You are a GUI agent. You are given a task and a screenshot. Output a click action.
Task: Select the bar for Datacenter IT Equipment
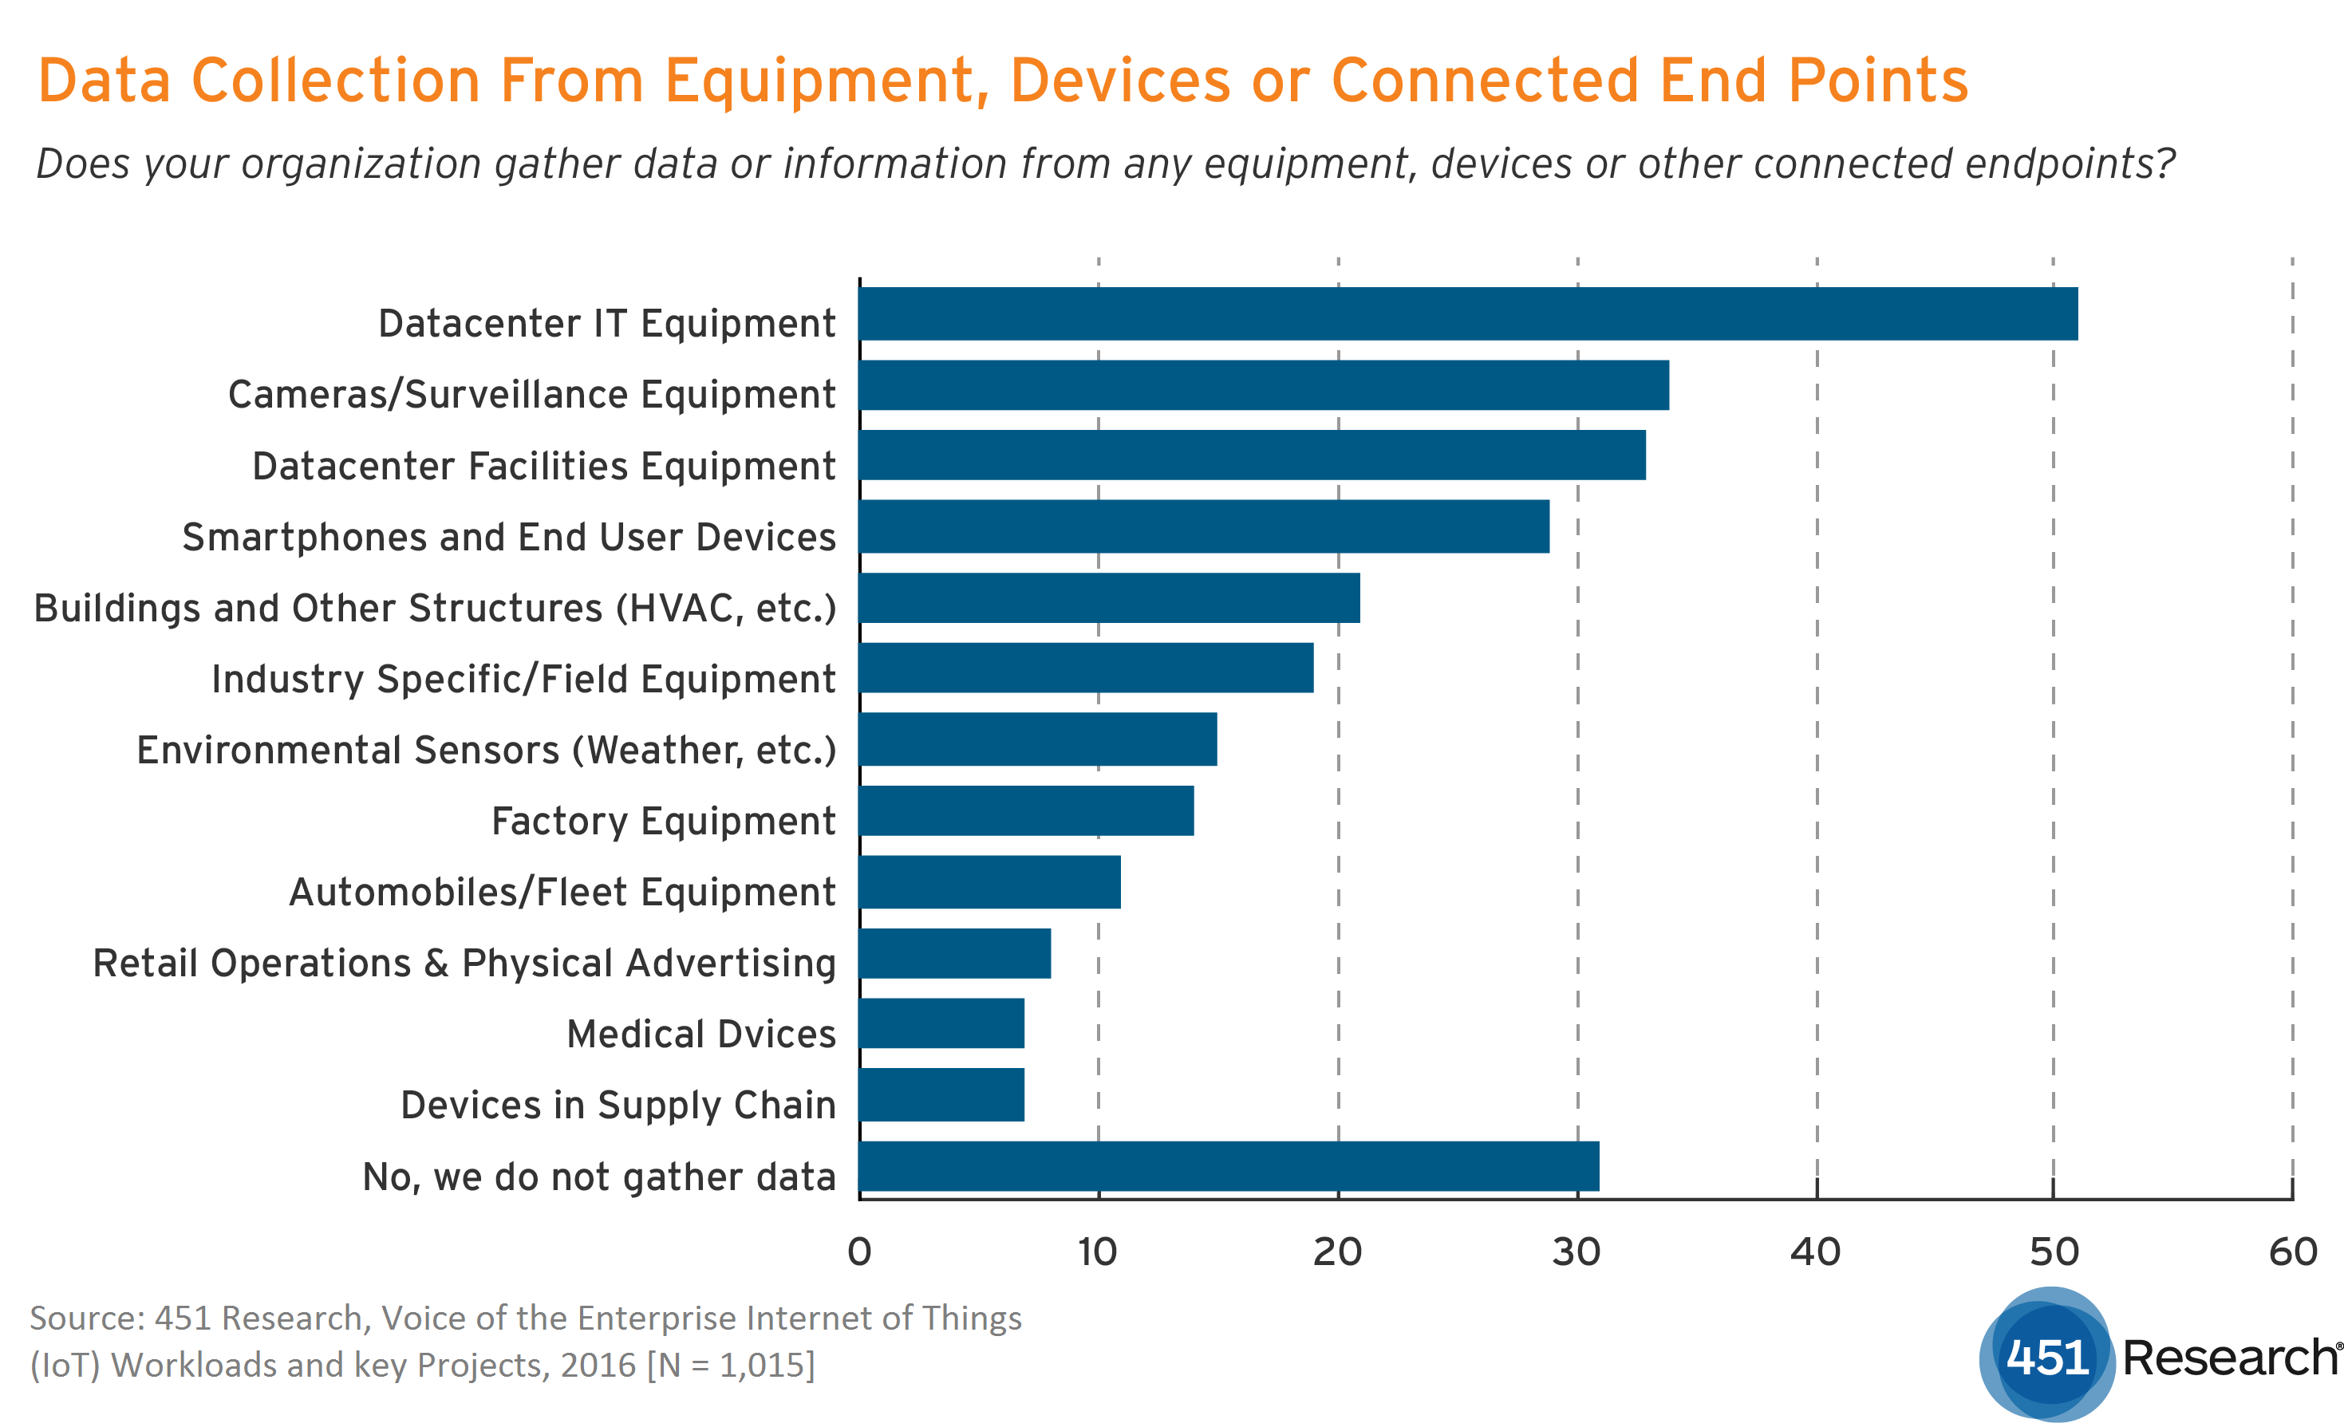tap(1468, 314)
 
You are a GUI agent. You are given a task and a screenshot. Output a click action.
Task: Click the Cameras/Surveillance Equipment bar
tap(1263, 385)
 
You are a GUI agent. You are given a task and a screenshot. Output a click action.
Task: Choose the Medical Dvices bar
tap(941, 1023)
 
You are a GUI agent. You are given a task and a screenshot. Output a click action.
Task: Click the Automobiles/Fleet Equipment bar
tap(989, 881)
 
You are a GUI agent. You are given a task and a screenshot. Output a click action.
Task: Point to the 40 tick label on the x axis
tap(1815, 1252)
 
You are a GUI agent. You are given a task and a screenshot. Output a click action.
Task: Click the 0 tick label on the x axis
tap(859, 1252)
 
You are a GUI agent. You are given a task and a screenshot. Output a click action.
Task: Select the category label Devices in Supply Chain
tap(618, 1106)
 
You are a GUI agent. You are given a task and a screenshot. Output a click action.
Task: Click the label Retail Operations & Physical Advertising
tap(464, 964)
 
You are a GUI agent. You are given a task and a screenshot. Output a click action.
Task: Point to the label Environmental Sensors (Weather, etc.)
tap(486, 751)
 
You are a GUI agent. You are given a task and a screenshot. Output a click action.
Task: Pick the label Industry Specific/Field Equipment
tap(523, 679)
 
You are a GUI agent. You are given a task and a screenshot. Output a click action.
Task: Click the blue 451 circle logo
tap(2047, 1354)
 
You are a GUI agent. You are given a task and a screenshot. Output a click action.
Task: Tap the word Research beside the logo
tap(2230, 1358)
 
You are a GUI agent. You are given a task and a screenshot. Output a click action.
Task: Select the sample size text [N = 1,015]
tap(731, 1365)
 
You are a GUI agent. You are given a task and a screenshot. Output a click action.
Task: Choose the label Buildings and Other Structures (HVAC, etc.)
tap(435, 609)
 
